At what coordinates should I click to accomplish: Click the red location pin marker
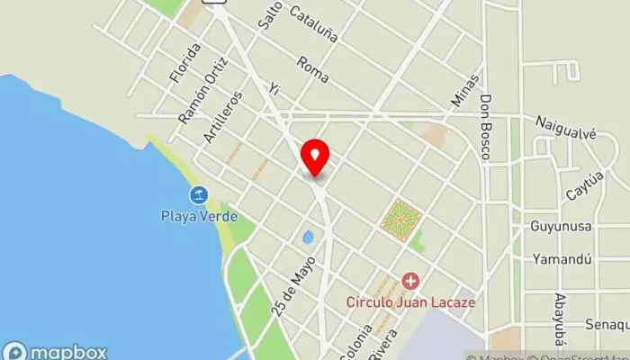(315, 157)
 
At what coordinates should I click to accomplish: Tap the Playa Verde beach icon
(198, 194)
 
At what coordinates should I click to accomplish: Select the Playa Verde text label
(199, 216)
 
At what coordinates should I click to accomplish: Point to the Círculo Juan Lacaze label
(410, 302)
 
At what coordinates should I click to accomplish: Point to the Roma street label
(312, 67)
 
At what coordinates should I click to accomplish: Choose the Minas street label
(461, 91)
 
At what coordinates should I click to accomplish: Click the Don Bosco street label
(486, 127)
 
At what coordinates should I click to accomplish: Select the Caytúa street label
(584, 186)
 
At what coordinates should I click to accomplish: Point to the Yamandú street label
(561, 259)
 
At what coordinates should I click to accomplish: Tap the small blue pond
(309, 238)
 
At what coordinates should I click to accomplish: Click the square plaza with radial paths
(400, 220)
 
